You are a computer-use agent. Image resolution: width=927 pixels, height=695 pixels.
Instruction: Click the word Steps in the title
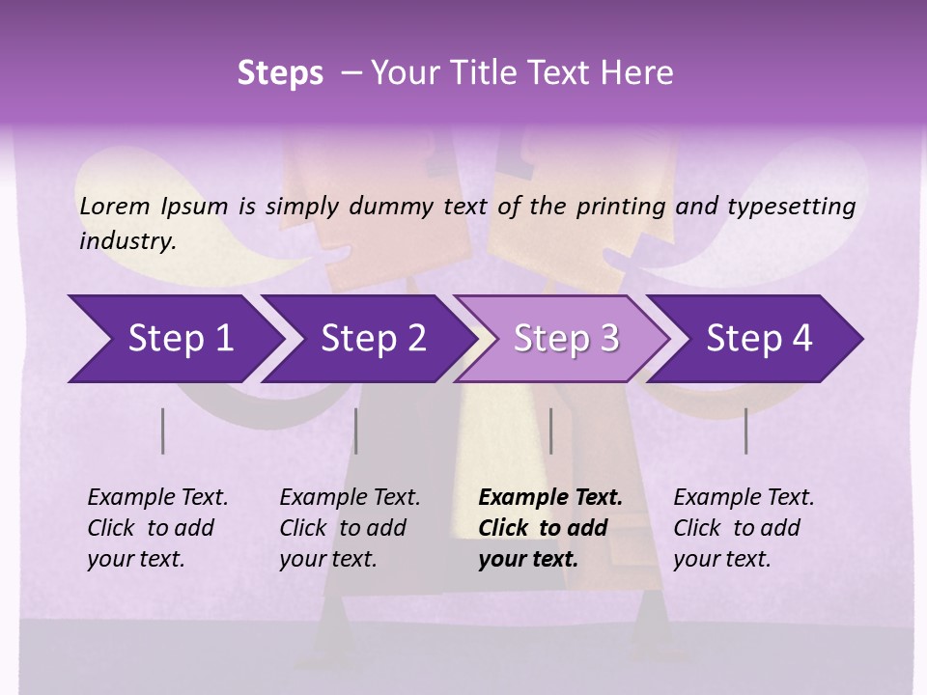coord(280,73)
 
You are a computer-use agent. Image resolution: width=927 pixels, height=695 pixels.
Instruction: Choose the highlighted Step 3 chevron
coord(566,339)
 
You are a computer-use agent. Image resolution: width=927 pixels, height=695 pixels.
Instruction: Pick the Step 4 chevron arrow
coord(759,339)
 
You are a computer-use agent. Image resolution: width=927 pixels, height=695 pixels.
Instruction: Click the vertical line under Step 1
coord(163,431)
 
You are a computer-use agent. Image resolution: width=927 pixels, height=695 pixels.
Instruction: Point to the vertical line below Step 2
coord(356,431)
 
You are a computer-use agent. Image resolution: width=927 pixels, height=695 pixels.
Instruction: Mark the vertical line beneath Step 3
coord(550,431)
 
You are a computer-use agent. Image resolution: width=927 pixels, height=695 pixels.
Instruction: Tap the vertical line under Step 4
coord(745,431)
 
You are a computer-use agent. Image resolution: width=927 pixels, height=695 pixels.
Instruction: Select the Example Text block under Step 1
coord(156,528)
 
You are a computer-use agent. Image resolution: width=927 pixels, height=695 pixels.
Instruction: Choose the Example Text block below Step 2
coord(349,528)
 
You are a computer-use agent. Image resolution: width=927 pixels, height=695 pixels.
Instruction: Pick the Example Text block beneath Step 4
coord(743,528)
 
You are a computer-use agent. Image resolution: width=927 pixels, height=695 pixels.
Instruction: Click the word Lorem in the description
coord(115,206)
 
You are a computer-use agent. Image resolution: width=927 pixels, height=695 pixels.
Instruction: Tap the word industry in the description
coord(127,241)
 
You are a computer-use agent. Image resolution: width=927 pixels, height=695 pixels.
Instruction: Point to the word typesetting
coord(791,207)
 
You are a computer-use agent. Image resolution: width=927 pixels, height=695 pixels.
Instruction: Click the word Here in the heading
coord(640,73)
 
